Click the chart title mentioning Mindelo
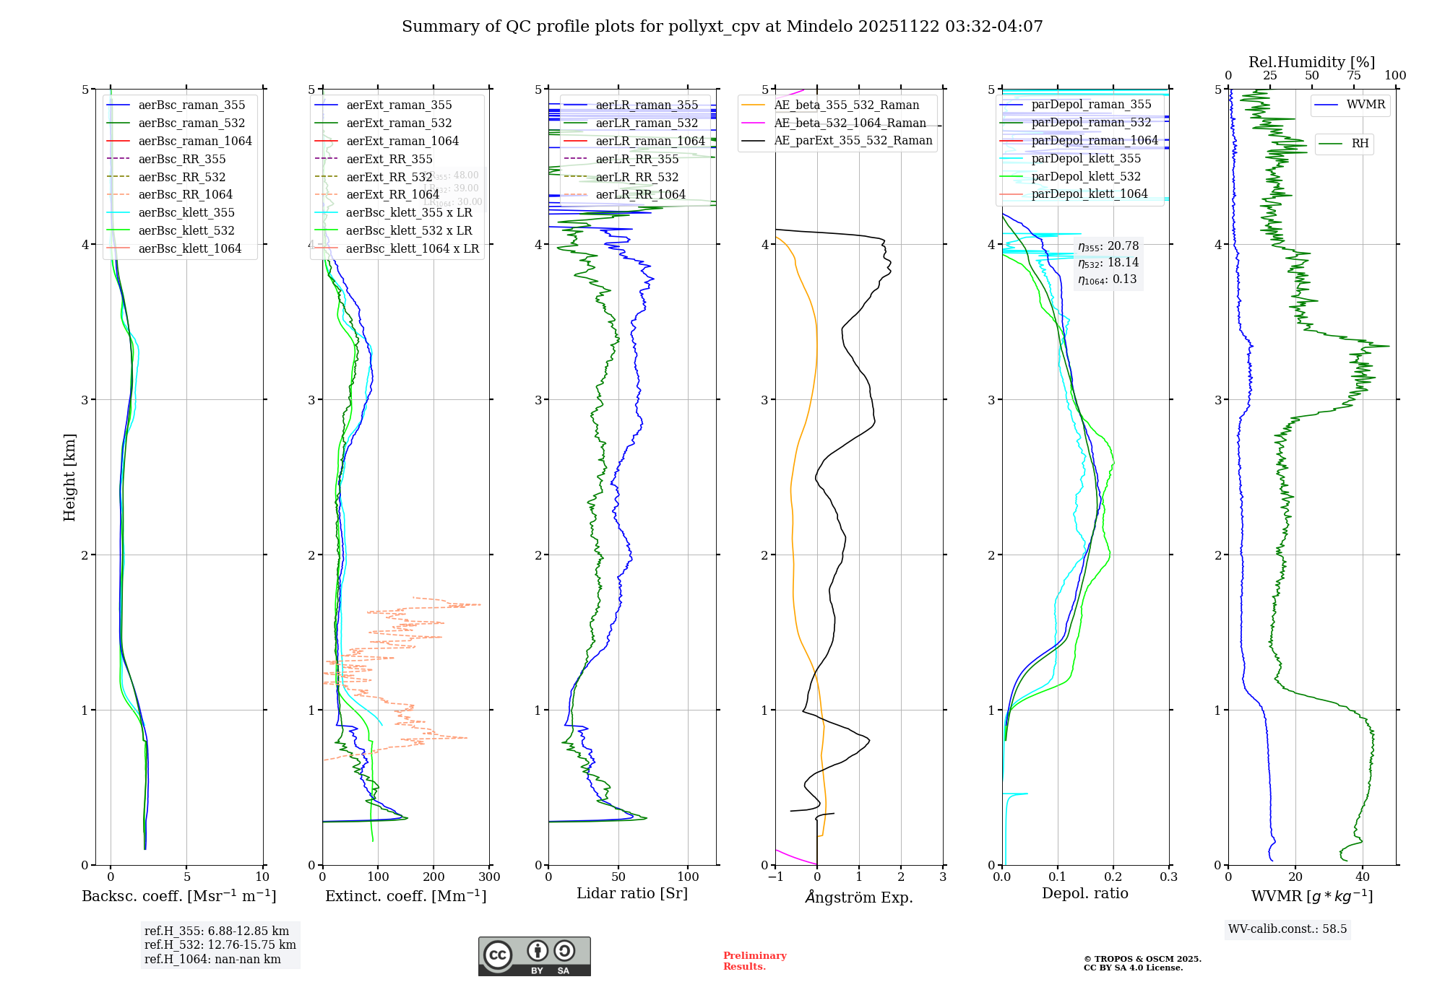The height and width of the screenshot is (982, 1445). coord(722,27)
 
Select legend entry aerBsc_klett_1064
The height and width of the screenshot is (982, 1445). coord(189,248)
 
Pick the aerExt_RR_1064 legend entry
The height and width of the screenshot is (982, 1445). coord(392,194)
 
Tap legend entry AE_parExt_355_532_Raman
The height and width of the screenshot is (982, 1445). coord(853,140)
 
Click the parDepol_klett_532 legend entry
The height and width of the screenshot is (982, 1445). coord(1085,176)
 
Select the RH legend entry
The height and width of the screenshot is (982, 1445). coord(1360,143)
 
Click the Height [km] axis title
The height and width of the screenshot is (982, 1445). coord(69,477)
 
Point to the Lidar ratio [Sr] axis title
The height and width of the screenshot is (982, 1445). coord(631,893)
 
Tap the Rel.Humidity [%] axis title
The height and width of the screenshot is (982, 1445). coord(1311,62)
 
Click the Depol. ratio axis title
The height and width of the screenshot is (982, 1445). coord(1084,893)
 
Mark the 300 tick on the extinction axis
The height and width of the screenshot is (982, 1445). coord(489,877)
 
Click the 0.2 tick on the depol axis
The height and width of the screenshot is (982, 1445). coord(1113,877)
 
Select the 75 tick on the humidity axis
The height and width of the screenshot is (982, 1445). coord(1354,76)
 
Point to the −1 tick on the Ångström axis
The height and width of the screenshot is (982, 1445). coord(775,877)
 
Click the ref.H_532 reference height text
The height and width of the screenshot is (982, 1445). coord(220,944)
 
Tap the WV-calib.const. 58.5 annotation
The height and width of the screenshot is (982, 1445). coord(1287,929)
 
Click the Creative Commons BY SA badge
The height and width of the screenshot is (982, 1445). coord(534,956)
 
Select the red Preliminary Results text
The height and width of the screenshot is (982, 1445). coord(754,960)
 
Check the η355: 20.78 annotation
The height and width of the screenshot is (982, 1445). coord(1108,246)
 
